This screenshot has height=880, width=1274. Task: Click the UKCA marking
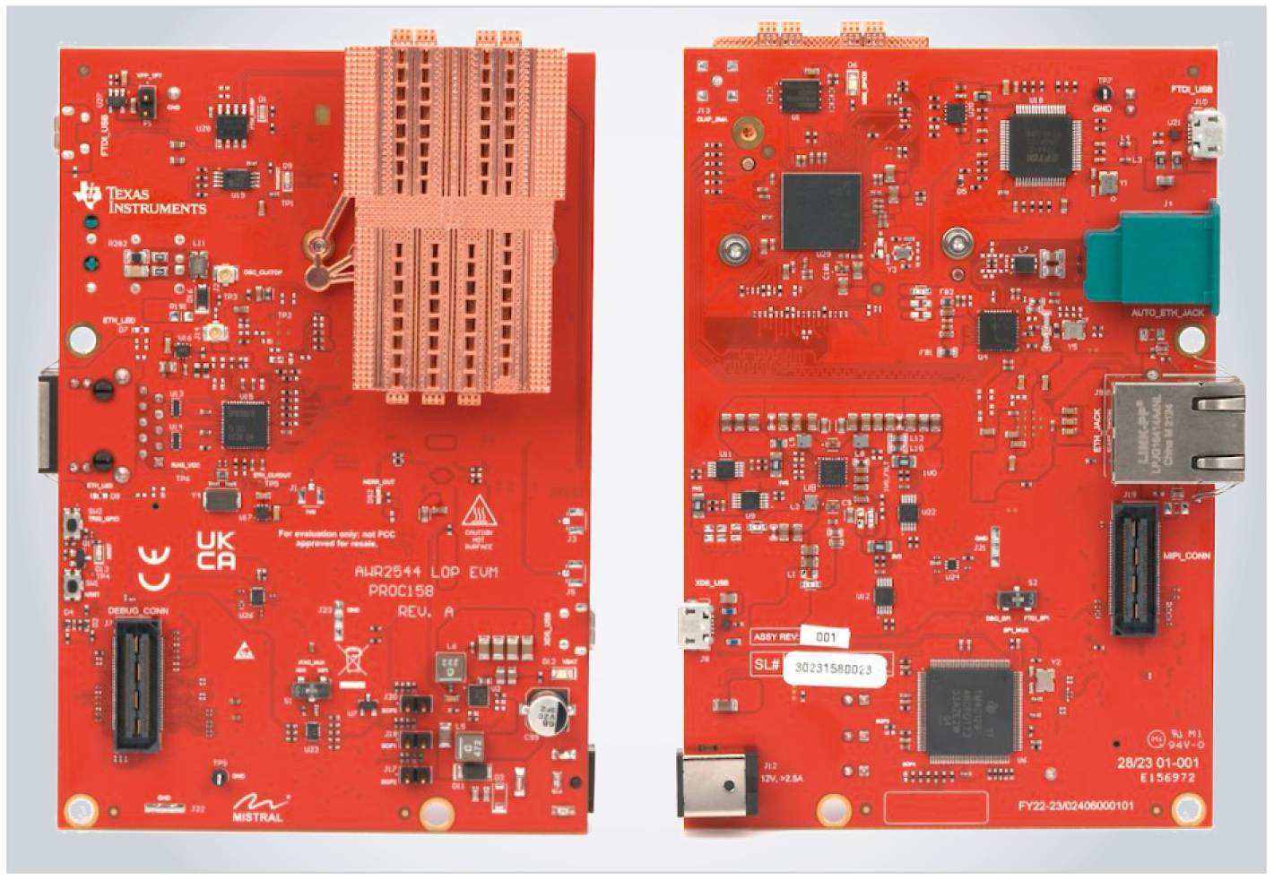216,550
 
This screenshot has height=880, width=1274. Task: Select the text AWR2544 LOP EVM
426,572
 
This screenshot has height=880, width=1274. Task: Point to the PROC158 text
401,591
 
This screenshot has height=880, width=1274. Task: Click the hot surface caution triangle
477,512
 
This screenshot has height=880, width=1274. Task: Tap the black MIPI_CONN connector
1134,568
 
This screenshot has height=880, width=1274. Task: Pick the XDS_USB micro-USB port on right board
696,625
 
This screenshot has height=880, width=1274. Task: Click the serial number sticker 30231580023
834,669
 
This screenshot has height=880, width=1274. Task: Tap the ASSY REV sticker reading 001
825,637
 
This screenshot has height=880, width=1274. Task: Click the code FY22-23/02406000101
1075,806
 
